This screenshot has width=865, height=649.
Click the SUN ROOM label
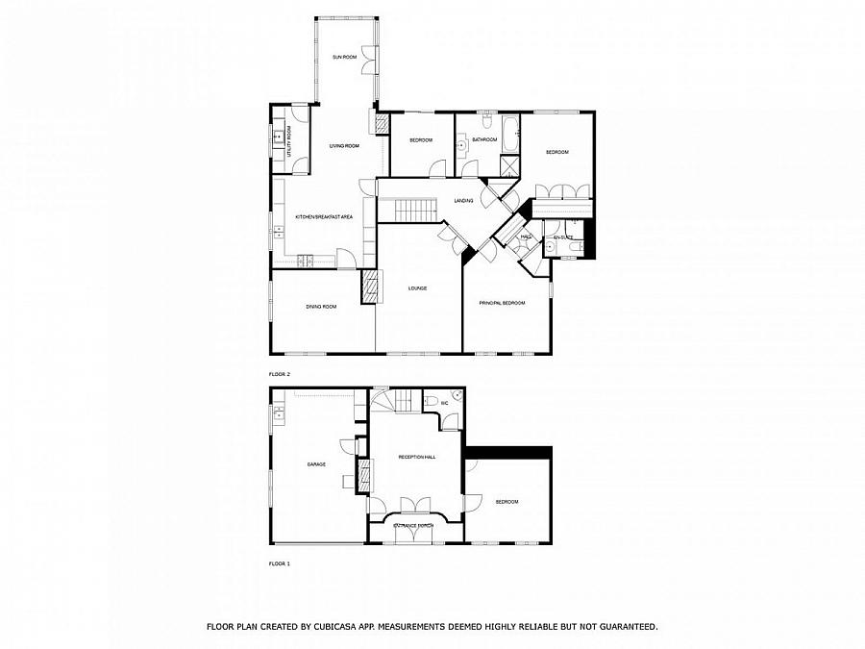(345, 58)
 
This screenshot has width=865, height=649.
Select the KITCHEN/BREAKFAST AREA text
(324, 217)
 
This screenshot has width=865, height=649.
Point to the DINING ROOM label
(321, 307)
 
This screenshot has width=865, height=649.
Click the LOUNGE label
(417, 288)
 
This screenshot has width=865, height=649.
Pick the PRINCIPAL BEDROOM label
(503, 303)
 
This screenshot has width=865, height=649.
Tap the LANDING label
(463, 201)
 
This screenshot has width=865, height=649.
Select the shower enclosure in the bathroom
(507, 165)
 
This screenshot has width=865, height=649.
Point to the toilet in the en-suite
(574, 247)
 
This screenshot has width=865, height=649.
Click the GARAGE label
(316, 464)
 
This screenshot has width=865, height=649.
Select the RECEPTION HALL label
(417, 457)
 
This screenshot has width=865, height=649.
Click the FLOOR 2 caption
(279, 373)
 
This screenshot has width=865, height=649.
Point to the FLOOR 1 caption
(279, 562)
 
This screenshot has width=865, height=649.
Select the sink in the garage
(278, 414)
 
